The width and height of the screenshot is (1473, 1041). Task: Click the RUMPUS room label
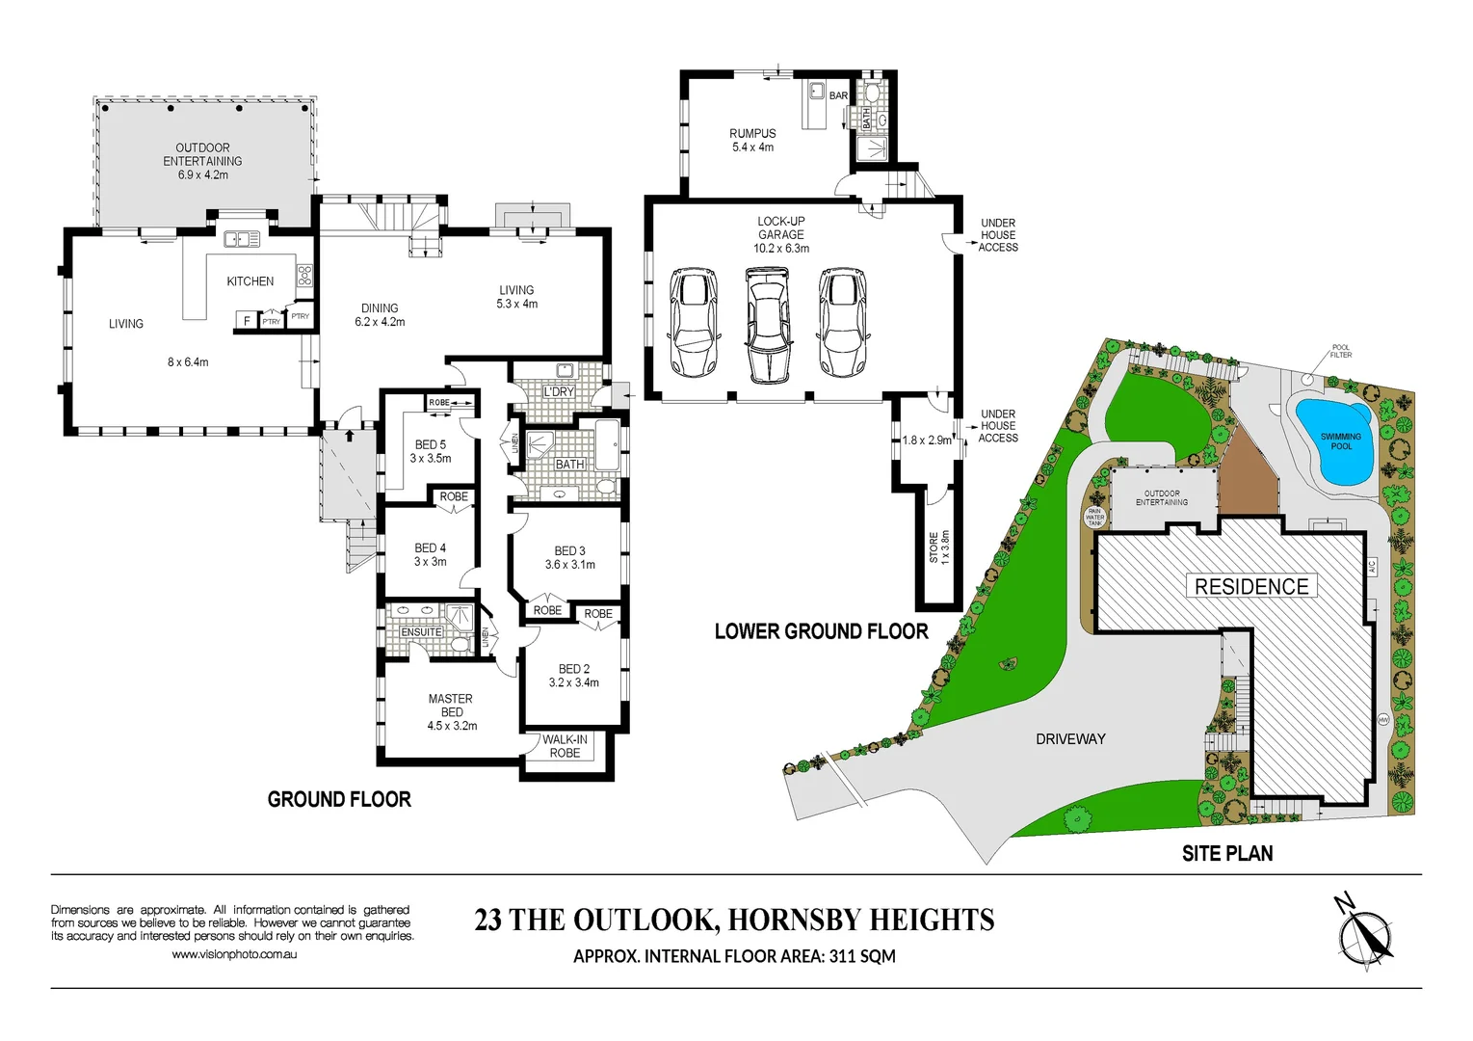point(752,134)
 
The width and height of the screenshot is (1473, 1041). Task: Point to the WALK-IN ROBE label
point(566,746)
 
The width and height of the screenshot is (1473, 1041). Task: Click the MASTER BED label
point(451,705)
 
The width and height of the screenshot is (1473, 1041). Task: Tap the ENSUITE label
point(421,632)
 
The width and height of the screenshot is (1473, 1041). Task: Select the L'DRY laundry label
point(559,392)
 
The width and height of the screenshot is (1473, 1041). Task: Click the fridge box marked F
point(247,321)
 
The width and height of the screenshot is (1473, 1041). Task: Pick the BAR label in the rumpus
point(838,95)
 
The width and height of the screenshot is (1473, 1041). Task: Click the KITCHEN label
point(250,281)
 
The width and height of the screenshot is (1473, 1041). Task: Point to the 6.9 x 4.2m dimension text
point(203,175)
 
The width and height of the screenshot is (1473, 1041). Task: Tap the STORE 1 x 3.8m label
point(939,547)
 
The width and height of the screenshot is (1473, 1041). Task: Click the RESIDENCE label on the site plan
point(1251,587)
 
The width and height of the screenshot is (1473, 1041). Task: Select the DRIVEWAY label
point(1070,739)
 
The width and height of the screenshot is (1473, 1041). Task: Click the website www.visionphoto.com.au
point(234,954)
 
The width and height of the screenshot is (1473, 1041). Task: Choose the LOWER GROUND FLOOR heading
point(821,631)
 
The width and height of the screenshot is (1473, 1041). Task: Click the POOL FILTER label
point(1340,351)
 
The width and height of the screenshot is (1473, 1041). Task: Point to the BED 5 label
point(431,444)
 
